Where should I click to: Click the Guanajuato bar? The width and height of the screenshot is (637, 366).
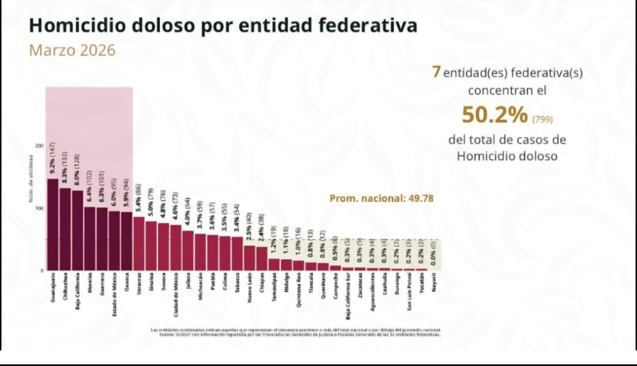coord(52,225)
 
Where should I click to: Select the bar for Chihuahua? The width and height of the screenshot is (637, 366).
coord(65,229)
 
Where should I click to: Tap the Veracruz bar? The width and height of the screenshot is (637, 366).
coord(139,243)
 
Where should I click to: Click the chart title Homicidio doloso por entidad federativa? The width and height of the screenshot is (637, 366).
coord(223,26)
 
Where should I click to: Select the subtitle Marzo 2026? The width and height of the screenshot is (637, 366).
coord(72,50)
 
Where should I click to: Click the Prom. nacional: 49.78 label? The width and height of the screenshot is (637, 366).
coord(381,199)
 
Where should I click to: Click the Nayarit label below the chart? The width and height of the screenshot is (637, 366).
coord(434,282)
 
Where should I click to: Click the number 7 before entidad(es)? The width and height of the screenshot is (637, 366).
coord(437,72)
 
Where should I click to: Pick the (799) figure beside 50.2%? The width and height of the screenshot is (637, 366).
coord(542,118)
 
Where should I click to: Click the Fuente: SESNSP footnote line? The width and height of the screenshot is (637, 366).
coord(296,334)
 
